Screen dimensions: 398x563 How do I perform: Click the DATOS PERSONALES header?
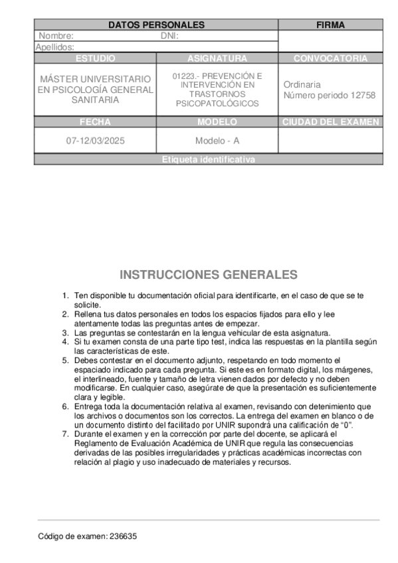(x=155, y=25)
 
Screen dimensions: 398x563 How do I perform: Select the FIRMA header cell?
(x=330, y=25)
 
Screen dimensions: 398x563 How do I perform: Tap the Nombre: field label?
(x=56, y=36)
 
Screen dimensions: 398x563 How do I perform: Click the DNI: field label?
(x=170, y=36)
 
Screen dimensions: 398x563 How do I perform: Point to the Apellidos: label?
(x=54, y=47)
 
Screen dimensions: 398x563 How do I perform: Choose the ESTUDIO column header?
(x=95, y=58)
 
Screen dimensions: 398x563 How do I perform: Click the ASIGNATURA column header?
(x=217, y=58)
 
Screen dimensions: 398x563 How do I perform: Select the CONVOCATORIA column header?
(x=330, y=58)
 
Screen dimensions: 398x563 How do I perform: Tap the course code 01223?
(x=183, y=76)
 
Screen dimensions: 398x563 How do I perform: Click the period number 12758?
(x=363, y=95)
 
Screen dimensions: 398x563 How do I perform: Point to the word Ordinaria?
(x=302, y=84)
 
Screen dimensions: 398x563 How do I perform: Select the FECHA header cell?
(x=95, y=122)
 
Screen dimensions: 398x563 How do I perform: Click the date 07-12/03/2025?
(x=95, y=141)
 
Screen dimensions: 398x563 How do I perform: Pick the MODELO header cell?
(x=217, y=122)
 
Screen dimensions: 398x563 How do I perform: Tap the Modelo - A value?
(x=217, y=141)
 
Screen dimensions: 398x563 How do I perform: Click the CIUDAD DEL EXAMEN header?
(x=330, y=122)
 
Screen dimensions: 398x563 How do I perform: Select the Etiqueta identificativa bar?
(x=208, y=159)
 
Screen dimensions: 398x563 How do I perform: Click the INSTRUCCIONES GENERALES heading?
(x=208, y=275)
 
